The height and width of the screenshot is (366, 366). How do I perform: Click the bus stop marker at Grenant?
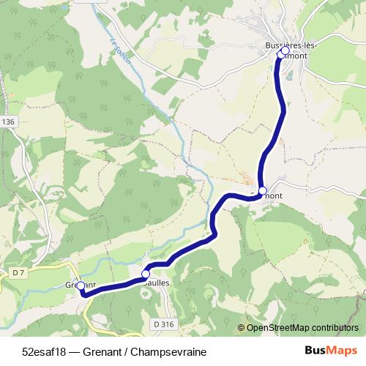coord(81,286)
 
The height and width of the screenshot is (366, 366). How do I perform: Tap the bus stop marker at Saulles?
coord(146,274)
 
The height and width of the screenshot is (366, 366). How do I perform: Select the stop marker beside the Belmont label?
coord(263,190)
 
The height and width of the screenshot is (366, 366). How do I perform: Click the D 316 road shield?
coord(164,324)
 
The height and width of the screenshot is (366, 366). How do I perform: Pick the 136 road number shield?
coord(8,122)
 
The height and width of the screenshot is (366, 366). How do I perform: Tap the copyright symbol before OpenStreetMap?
coord(241,329)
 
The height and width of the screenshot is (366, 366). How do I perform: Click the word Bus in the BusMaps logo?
coord(315,349)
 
